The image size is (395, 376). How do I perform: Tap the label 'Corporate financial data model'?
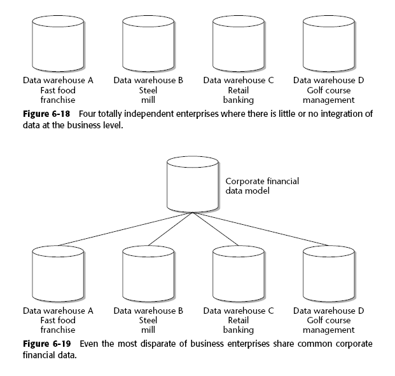pyautogui.click(x=262, y=185)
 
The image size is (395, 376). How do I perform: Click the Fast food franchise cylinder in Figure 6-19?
pyautogui.click(x=59, y=274)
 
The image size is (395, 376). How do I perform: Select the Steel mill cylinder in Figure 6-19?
pyautogui.click(x=148, y=274)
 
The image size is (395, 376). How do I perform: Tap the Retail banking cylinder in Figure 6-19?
pyautogui.click(x=239, y=274)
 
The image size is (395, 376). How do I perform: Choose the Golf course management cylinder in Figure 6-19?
pyautogui.click(x=329, y=274)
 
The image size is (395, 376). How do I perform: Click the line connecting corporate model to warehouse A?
pyautogui.click(x=121, y=231)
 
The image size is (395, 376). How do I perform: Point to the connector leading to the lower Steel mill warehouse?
pyautogui.click(x=170, y=229)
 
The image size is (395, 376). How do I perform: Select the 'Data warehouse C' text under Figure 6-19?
pyautogui.click(x=239, y=311)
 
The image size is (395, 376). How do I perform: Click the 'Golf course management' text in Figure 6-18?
pyautogui.click(x=329, y=95)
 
